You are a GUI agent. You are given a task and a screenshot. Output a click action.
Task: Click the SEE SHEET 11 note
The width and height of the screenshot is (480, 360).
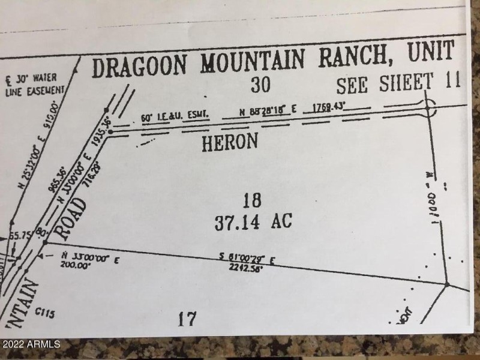click(x=398, y=83)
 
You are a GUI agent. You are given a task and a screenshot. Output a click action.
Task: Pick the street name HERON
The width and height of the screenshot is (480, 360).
click(x=229, y=142)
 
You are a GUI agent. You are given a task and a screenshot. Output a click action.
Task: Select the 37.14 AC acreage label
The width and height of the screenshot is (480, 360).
click(x=253, y=221)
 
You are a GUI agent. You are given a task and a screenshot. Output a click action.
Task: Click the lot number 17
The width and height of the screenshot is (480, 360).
click(x=187, y=318)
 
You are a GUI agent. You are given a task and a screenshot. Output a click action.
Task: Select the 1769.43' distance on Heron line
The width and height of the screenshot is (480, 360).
click(x=324, y=108)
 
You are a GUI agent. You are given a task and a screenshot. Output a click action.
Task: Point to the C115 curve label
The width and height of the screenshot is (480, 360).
click(x=45, y=312)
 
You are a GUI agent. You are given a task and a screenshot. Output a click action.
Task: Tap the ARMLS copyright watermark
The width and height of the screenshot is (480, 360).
click(x=31, y=344)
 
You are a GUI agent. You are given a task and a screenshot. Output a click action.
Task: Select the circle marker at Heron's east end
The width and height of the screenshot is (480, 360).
click(x=428, y=109)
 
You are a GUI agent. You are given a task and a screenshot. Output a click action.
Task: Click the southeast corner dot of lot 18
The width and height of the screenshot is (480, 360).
click(x=447, y=283)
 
